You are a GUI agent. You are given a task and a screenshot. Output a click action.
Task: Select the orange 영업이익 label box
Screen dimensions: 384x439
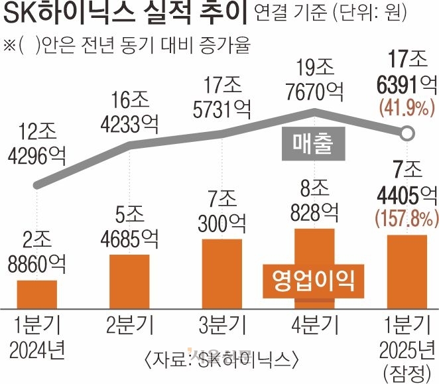point(311,279)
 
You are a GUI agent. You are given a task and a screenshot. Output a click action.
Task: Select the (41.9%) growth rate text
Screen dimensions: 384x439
point(406,107)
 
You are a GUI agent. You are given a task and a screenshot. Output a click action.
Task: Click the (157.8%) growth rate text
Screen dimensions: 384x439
point(407,216)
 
